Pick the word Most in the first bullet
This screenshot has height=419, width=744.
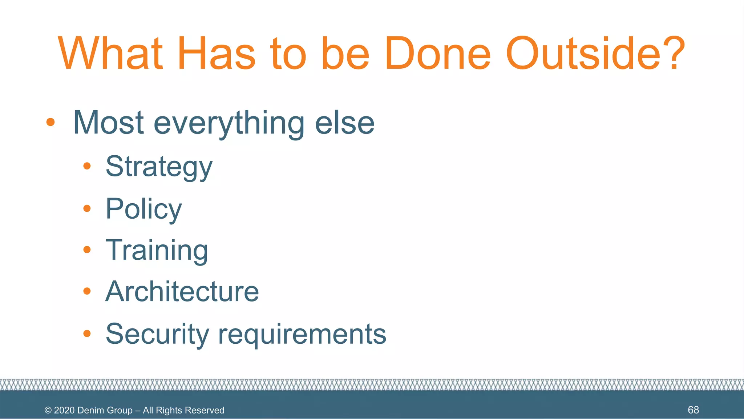tap(108, 123)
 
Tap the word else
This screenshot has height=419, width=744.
tap(344, 123)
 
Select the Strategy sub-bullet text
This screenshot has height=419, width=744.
tap(159, 167)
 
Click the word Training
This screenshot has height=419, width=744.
tap(157, 251)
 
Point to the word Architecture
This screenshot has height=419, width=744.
tap(182, 292)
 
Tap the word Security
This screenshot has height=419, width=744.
tap(157, 334)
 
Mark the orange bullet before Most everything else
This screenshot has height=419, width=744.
tap(50, 122)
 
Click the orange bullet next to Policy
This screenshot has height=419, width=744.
tap(87, 208)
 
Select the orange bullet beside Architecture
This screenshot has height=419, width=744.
tap(87, 291)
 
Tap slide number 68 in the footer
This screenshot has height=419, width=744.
tap(693, 410)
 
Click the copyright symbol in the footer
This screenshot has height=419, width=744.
tap(48, 410)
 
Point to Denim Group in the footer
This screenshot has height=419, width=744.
tap(105, 410)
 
